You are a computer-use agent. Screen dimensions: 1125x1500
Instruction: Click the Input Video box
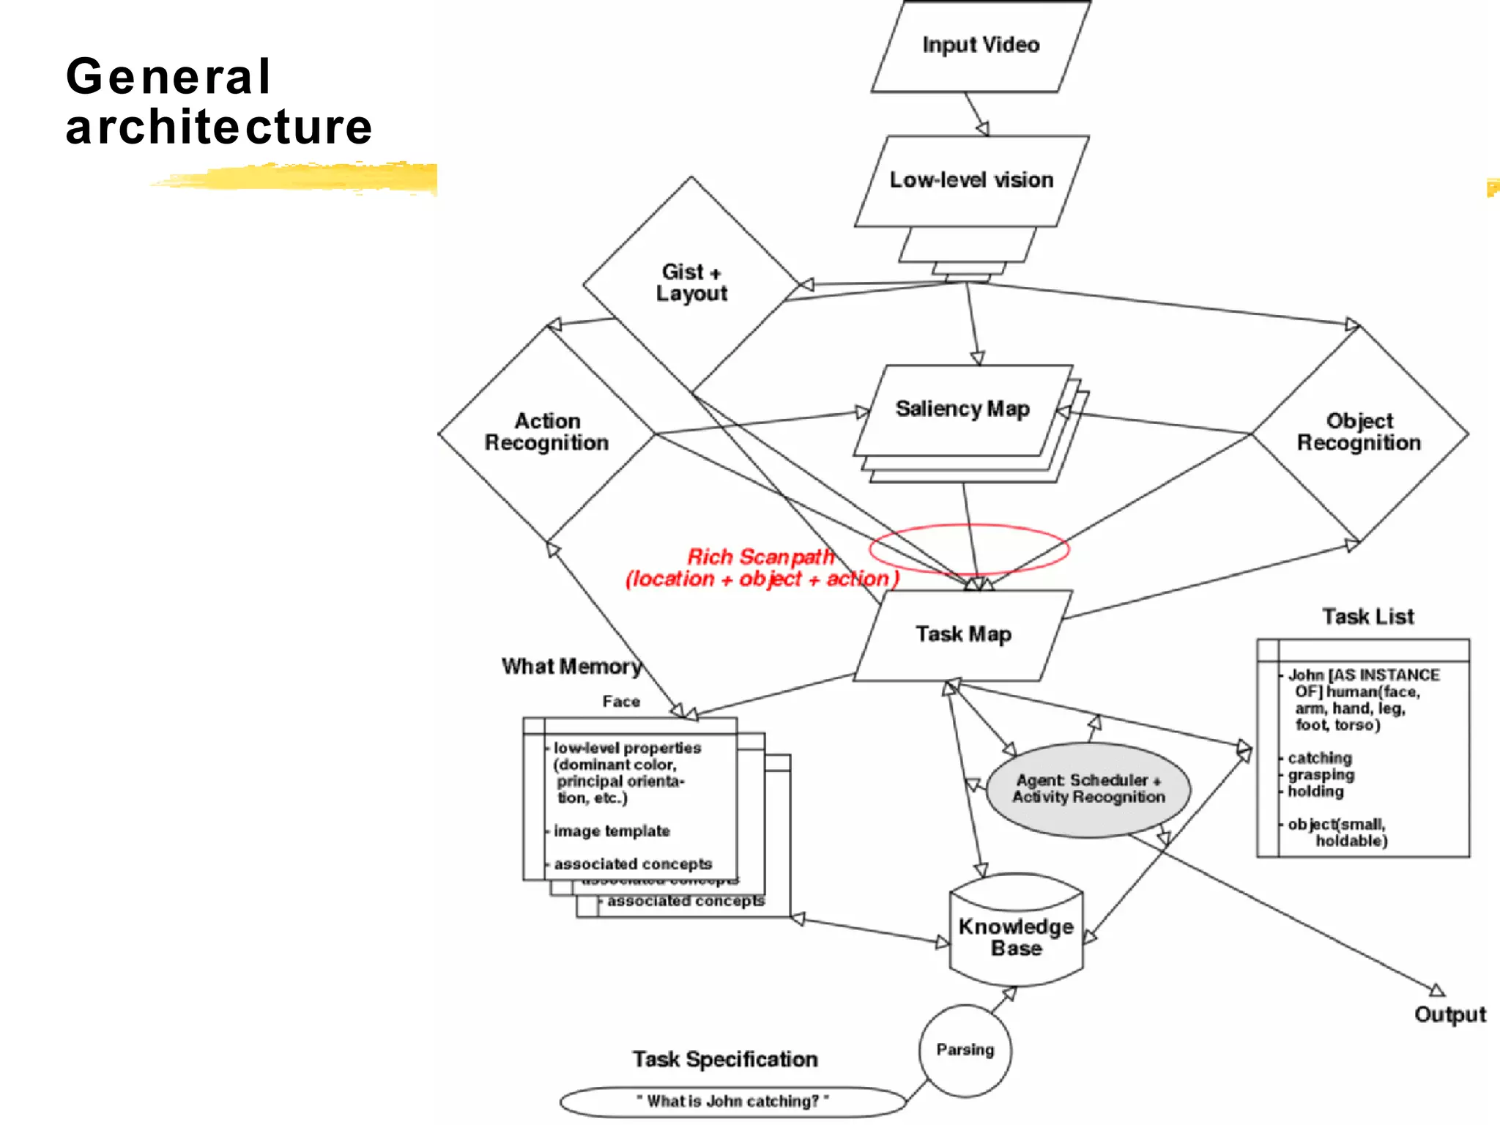[x=980, y=45]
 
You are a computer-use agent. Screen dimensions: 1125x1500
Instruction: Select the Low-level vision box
[x=971, y=180]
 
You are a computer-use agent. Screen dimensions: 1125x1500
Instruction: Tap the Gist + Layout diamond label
[x=691, y=283]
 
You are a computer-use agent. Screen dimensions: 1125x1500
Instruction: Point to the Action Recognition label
[x=546, y=431]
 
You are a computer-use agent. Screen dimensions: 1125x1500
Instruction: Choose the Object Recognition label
[x=1359, y=431]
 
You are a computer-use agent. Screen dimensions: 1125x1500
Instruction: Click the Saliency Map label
[x=962, y=409]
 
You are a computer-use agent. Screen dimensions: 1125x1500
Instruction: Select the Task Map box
[x=963, y=634]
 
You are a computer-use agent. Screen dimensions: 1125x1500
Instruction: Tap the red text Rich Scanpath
[x=760, y=557]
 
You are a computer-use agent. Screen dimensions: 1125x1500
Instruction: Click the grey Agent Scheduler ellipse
[x=1088, y=790]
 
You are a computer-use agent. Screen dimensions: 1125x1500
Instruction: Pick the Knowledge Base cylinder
[x=1016, y=937]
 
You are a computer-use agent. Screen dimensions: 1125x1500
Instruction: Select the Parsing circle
[x=965, y=1050]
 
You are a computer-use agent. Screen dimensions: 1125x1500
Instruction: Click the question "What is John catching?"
[x=732, y=1102]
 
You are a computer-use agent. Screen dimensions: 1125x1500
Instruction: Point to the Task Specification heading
[x=724, y=1059]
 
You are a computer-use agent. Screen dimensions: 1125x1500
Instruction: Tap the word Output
[x=1449, y=1015]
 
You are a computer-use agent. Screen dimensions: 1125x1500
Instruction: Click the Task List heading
[x=1367, y=617]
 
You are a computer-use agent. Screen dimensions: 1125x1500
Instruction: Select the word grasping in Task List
[x=1321, y=775]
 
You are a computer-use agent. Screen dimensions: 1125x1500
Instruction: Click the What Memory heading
[x=571, y=667]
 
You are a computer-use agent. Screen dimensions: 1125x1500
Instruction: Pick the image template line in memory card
[x=612, y=831]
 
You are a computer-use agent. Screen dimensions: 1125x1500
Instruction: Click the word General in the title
[x=168, y=76]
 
